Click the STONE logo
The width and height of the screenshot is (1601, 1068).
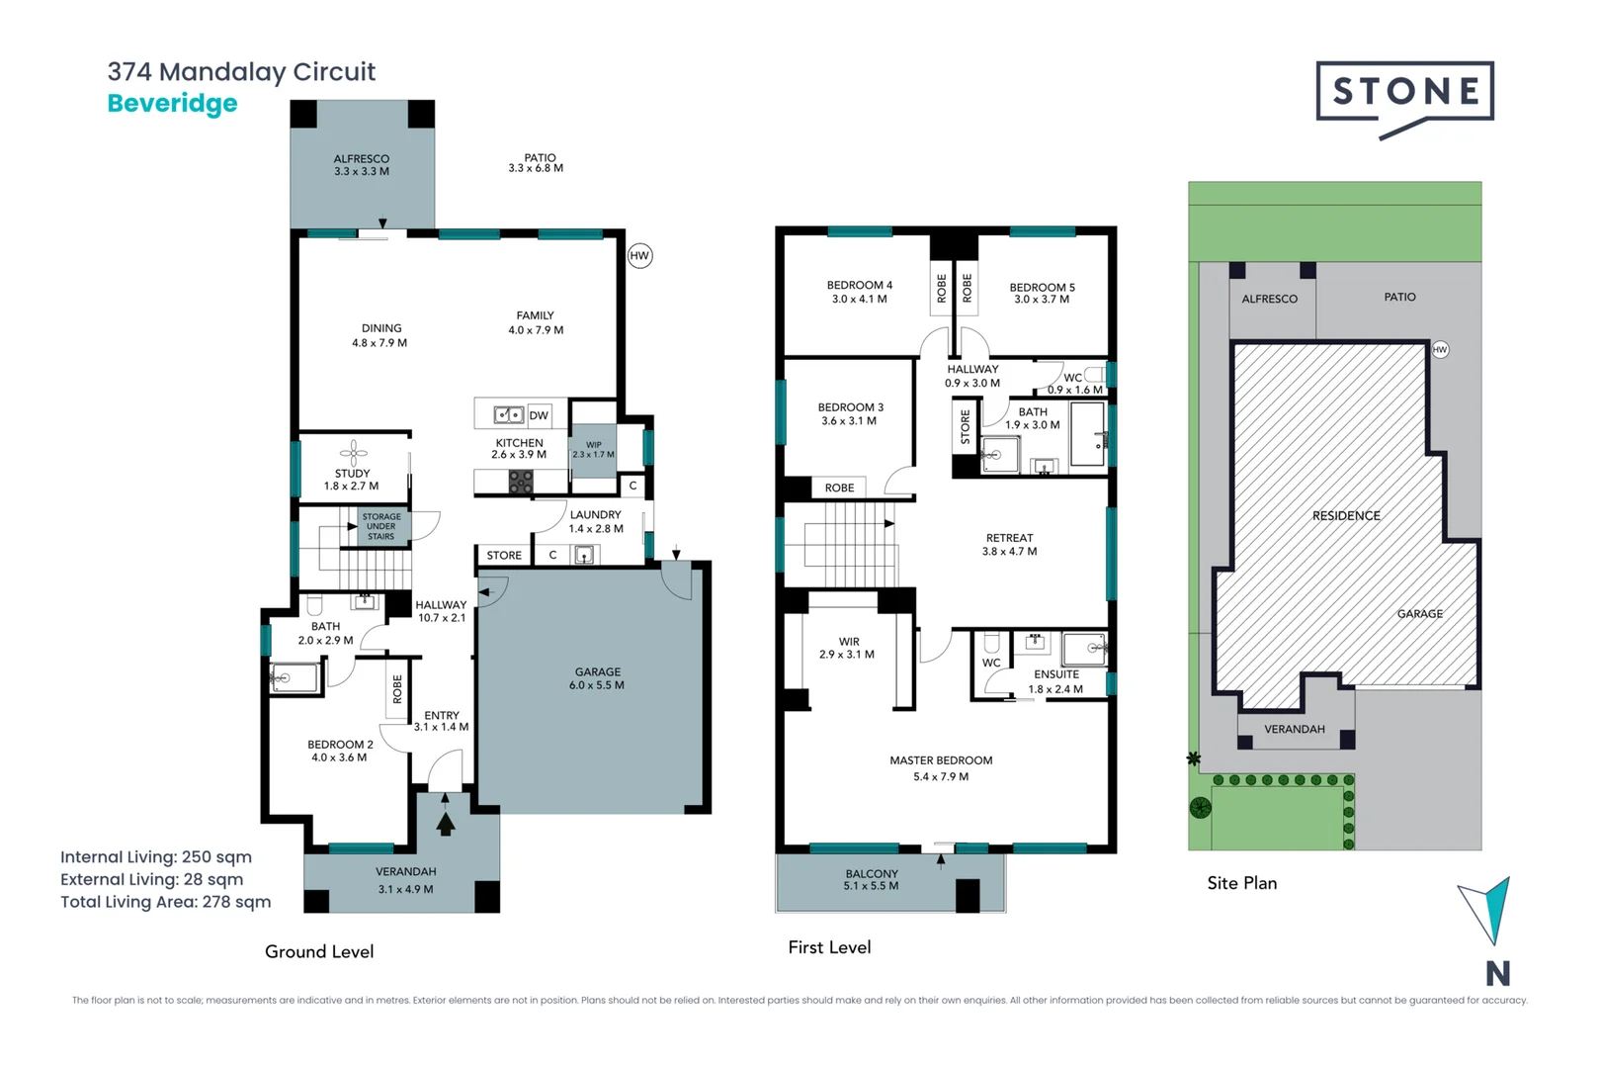pyautogui.click(x=1404, y=93)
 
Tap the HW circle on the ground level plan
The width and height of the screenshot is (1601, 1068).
pyautogui.click(x=639, y=256)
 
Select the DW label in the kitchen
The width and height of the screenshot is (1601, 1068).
pyautogui.click(x=539, y=415)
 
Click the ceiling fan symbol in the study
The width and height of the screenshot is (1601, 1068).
pyautogui.click(x=354, y=452)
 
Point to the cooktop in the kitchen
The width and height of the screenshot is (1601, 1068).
pyautogui.click(x=521, y=482)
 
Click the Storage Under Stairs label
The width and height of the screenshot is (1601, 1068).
pyautogui.click(x=381, y=526)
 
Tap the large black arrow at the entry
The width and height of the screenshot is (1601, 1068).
pyautogui.click(x=446, y=823)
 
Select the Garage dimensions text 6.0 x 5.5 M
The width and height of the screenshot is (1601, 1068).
pyautogui.click(x=597, y=685)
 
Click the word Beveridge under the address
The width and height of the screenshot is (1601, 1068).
pyautogui.click(x=173, y=104)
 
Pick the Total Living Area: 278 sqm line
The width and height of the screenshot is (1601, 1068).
pyautogui.click(x=166, y=902)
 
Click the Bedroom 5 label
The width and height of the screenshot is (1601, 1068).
pyautogui.click(x=1042, y=288)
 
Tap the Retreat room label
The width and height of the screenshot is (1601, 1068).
pyautogui.click(x=1009, y=538)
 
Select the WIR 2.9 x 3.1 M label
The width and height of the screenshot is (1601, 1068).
pyautogui.click(x=847, y=648)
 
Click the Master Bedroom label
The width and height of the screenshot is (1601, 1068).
pyautogui.click(x=941, y=760)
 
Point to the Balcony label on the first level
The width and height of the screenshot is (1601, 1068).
pyautogui.click(x=872, y=874)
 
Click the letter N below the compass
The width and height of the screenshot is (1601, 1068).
pyautogui.click(x=1497, y=974)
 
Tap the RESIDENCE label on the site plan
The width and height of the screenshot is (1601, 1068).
pyautogui.click(x=1346, y=516)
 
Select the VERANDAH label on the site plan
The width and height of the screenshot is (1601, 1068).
pyautogui.click(x=1295, y=730)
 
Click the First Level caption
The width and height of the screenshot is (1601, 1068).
pyautogui.click(x=829, y=947)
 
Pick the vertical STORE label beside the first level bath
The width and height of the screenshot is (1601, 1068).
pyautogui.click(x=966, y=428)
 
